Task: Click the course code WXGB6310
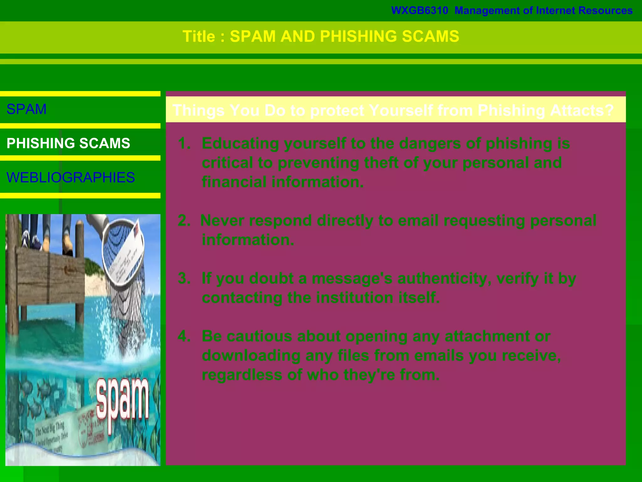click(419, 11)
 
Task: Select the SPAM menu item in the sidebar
click(27, 109)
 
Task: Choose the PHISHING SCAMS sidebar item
click(68, 143)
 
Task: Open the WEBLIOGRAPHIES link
click(71, 178)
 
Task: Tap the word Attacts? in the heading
click(582, 110)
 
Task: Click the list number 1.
click(184, 143)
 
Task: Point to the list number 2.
click(184, 221)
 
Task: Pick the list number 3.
click(184, 278)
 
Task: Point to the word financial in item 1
click(234, 182)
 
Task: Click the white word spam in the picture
click(122, 402)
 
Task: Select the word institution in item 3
click(354, 297)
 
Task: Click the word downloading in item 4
click(251, 356)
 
